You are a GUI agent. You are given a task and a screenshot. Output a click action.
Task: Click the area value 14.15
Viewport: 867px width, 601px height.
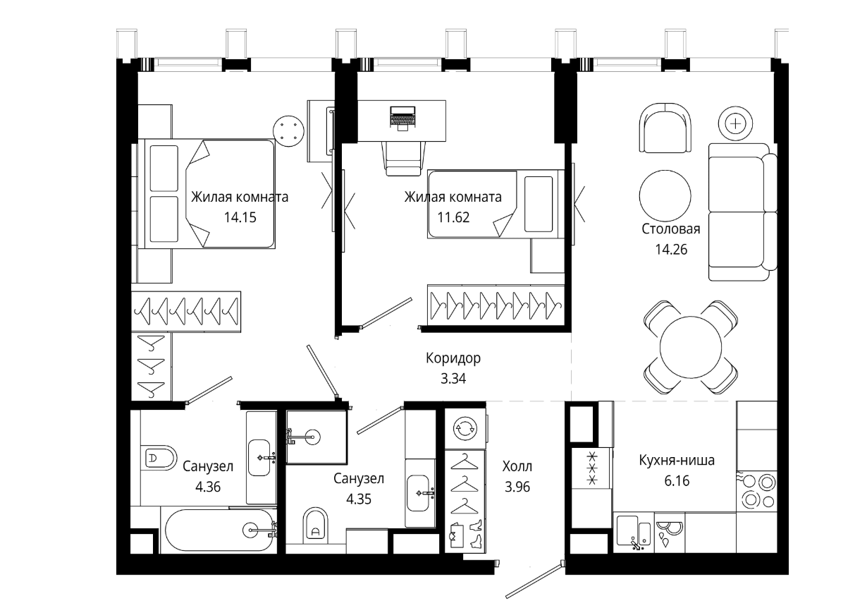pyautogui.click(x=240, y=217)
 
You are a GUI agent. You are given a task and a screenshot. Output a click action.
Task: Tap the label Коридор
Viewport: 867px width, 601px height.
pyautogui.click(x=453, y=358)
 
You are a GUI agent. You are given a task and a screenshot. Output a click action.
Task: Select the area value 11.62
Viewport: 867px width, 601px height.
pyautogui.click(x=453, y=217)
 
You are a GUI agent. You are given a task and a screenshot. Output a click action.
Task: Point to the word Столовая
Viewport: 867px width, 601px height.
pyautogui.click(x=671, y=229)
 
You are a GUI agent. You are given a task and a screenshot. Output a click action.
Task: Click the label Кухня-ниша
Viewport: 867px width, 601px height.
pyautogui.click(x=677, y=461)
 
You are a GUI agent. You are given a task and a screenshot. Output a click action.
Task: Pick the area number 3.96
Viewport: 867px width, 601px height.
pyautogui.click(x=517, y=487)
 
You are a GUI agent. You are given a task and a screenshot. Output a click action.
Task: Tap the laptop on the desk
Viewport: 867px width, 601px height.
pyautogui.click(x=402, y=118)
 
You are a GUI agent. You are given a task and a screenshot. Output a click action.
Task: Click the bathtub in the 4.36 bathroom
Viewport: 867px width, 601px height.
pyautogui.click(x=219, y=530)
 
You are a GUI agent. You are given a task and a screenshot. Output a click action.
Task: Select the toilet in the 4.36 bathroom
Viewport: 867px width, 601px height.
pyautogui.click(x=159, y=458)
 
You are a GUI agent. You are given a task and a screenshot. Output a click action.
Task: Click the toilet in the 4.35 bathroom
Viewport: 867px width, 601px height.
pyautogui.click(x=316, y=525)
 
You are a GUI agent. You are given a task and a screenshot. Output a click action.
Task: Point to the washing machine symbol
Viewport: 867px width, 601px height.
pyautogui.click(x=465, y=429)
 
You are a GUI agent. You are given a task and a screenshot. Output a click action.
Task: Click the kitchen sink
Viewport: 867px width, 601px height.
pyautogui.click(x=633, y=533)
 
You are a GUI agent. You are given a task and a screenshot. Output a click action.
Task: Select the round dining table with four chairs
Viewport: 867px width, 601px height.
pyautogui.click(x=691, y=347)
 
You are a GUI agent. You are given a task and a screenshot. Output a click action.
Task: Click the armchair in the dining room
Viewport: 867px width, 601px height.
pyautogui.click(x=665, y=128)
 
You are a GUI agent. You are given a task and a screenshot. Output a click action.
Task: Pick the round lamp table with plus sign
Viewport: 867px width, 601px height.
pyautogui.click(x=735, y=124)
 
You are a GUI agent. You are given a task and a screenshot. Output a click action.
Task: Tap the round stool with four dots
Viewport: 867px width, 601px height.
pyautogui.click(x=288, y=131)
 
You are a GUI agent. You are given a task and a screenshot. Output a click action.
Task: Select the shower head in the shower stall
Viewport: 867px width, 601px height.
pyautogui.click(x=314, y=437)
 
